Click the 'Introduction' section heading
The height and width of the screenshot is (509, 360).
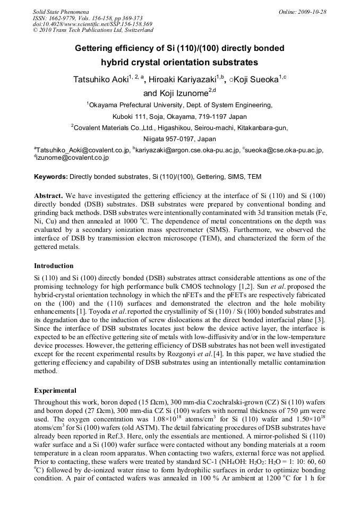point(54,265)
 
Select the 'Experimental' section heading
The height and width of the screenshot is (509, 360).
point(55,390)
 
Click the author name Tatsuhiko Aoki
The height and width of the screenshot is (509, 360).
point(100,80)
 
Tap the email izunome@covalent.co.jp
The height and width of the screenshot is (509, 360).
point(73,158)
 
